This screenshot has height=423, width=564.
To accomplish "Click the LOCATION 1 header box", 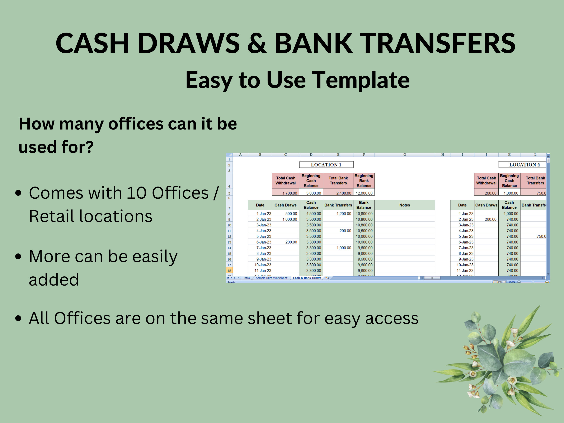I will point(326,165).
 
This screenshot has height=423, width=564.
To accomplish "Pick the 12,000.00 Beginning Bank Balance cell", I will point(364,193).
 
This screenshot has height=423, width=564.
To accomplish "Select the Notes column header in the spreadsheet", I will point(404,205).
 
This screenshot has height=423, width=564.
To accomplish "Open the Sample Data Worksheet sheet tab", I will point(271,278).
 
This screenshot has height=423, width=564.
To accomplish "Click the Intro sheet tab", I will point(246,278).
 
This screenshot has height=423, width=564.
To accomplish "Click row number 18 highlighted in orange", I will point(229,271).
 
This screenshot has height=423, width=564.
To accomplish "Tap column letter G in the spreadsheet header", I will point(405,155).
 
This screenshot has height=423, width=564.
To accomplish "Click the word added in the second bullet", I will point(54,280).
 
